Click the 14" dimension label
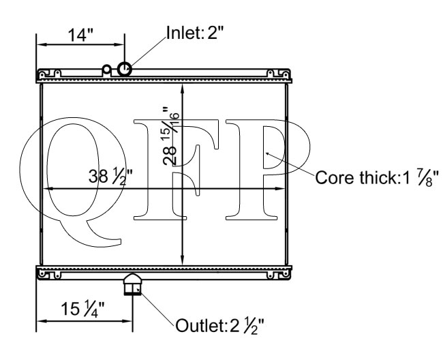click(x=80, y=35)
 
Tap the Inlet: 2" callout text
click(x=195, y=33)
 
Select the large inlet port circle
click(x=124, y=69)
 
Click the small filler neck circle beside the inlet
click(x=107, y=69)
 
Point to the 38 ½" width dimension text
click(x=110, y=177)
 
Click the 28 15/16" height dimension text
click(x=170, y=136)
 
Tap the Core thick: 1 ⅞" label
click(x=377, y=178)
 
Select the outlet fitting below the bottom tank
click(x=132, y=284)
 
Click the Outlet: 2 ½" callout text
click(x=220, y=325)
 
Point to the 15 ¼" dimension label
click(x=83, y=309)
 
